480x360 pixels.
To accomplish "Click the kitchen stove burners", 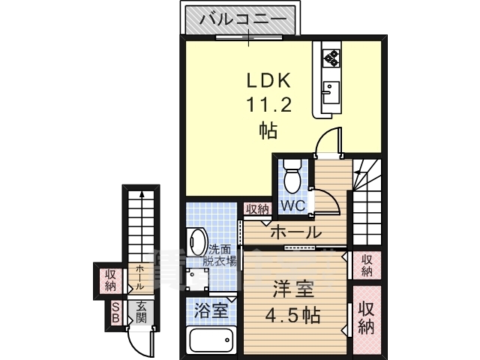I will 331,55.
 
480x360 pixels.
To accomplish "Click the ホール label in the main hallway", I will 295,232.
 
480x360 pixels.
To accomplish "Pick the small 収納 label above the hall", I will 256,209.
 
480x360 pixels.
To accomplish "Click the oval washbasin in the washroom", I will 197,242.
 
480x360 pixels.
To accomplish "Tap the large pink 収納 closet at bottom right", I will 366,318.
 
